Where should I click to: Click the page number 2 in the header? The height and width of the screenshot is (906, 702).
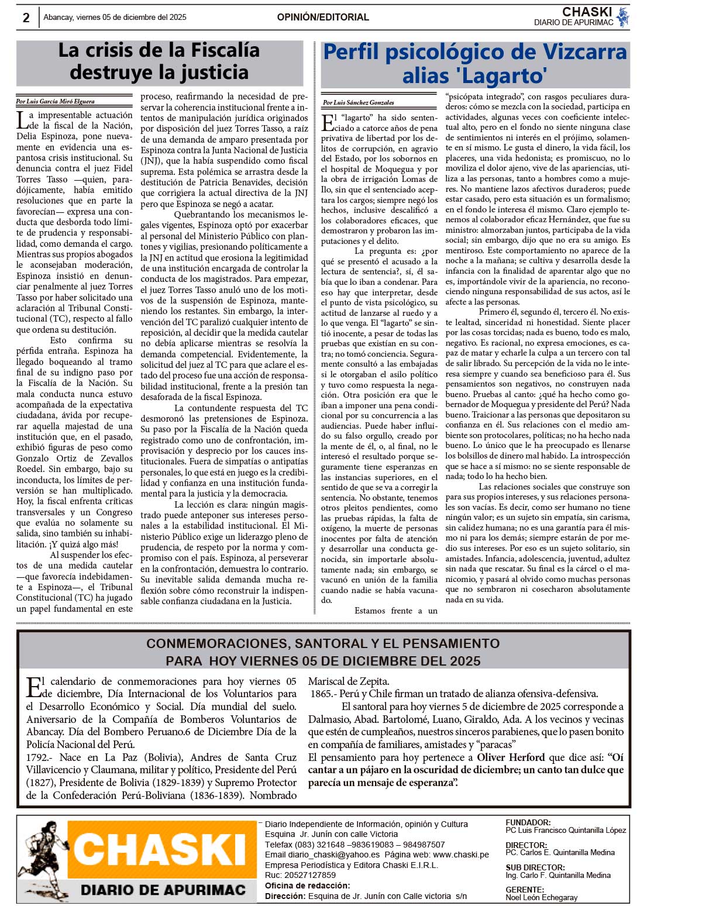click(26, 18)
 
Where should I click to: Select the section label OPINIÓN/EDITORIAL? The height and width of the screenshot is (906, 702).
click(323, 18)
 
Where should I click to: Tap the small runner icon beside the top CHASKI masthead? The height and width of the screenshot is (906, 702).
click(622, 17)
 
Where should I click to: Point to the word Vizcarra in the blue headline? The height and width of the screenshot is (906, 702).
click(567, 52)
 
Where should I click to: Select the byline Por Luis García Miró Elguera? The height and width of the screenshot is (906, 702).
click(56, 101)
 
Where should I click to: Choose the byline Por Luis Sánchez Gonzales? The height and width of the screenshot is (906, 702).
click(359, 103)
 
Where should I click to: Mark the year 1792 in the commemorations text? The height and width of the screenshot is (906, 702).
click(37, 757)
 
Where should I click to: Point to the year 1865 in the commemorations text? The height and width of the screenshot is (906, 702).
click(321, 694)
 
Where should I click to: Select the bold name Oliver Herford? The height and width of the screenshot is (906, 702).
click(511, 757)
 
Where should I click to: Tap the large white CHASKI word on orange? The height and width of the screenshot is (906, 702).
click(159, 849)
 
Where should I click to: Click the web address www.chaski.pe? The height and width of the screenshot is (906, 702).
click(461, 855)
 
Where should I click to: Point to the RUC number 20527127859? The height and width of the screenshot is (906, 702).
click(308, 875)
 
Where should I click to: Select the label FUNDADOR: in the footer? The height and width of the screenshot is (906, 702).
click(528, 822)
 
